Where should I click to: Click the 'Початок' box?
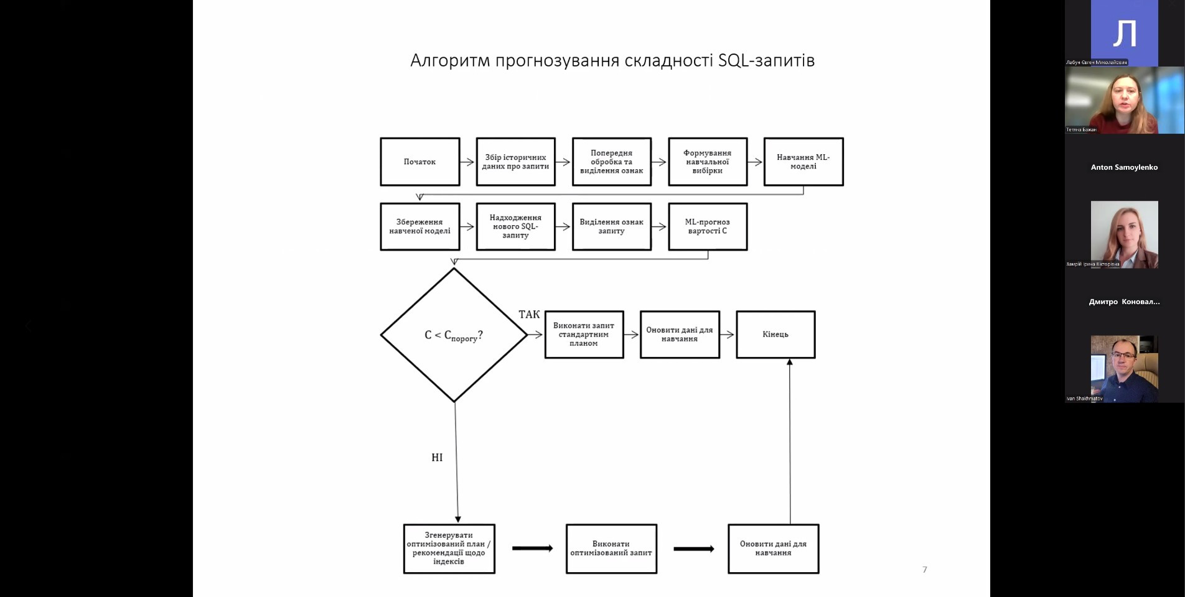click(420, 162)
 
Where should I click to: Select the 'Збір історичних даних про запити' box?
click(515, 162)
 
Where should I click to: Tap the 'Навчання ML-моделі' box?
click(803, 162)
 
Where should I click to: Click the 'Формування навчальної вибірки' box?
click(708, 162)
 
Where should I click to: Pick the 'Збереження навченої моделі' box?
click(420, 226)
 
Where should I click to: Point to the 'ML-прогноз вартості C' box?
click(708, 226)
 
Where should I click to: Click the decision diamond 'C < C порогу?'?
click(454, 335)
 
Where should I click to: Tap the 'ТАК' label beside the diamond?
click(529, 315)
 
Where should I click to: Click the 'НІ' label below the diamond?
click(437, 458)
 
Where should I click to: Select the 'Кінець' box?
click(775, 335)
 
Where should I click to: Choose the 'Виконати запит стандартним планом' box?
click(584, 335)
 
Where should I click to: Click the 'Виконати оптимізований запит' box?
click(611, 548)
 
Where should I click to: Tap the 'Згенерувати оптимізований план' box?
click(449, 548)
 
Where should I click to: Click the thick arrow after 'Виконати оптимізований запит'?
click(693, 548)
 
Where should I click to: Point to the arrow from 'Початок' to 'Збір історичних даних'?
click(467, 162)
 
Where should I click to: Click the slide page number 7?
click(925, 570)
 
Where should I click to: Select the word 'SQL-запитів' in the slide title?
click(766, 60)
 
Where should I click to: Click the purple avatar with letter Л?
click(1124, 32)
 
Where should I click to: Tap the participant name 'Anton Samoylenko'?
click(1124, 167)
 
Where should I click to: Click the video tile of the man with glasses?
click(1124, 369)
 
